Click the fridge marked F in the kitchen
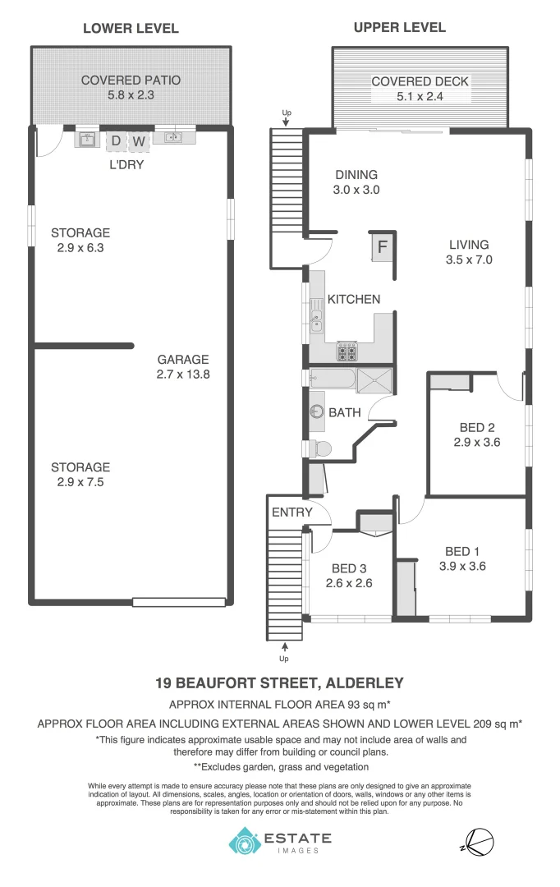click(x=383, y=246)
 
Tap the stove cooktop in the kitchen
click(x=347, y=353)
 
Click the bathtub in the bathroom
click(x=333, y=379)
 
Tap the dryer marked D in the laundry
click(x=116, y=141)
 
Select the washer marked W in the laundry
click(x=140, y=141)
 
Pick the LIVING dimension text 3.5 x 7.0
click(x=469, y=260)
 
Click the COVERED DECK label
click(x=420, y=81)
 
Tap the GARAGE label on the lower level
click(x=183, y=359)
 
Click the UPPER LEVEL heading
click(x=399, y=27)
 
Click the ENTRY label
click(x=291, y=512)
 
